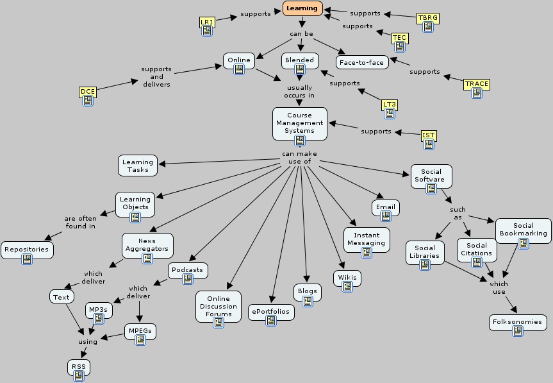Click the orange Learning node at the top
click(301, 8)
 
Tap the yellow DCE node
click(88, 92)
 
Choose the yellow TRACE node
click(476, 84)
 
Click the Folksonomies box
click(518, 321)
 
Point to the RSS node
click(79, 367)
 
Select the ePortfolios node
click(271, 312)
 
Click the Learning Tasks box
click(137, 166)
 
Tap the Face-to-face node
click(363, 62)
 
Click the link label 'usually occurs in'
click(300, 91)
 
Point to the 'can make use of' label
click(299, 157)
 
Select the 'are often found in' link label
click(80, 222)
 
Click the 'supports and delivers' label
click(156, 76)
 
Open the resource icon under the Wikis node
click(347, 287)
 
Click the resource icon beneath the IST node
click(429, 144)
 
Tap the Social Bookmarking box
click(523, 230)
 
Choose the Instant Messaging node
click(367, 239)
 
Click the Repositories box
click(26, 249)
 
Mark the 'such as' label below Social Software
click(458, 213)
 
